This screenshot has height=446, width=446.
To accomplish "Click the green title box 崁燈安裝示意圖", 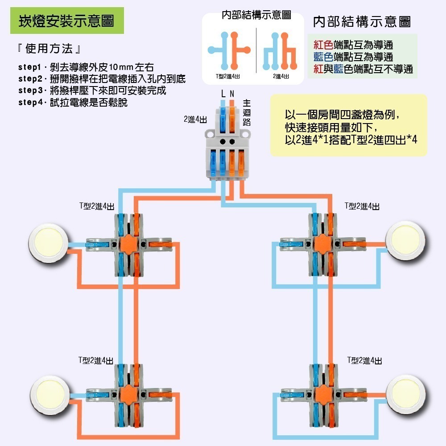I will click(x=67, y=21).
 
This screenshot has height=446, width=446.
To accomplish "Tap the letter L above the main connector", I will click(x=223, y=94).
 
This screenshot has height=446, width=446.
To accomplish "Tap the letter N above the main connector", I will click(x=232, y=94).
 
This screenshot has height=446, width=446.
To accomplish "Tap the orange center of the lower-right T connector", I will click(x=322, y=394).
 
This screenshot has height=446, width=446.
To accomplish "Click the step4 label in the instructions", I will click(x=30, y=103).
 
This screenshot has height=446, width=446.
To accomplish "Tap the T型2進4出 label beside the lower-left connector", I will click(x=95, y=360).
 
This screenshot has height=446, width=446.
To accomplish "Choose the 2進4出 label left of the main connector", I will click(x=195, y=120).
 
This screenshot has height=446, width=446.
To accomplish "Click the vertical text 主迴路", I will click(x=247, y=112).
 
